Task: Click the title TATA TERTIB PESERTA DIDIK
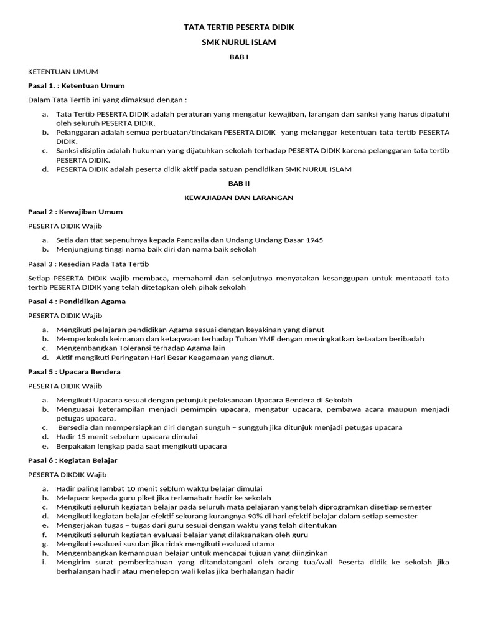pyautogui.click(x=238, y=28)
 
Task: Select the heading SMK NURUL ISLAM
pyautogui.click(x=238, y=42)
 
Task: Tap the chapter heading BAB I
pyautogui.click(x=238, y=57)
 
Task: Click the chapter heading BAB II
pyautogui.click(x=238, y=184)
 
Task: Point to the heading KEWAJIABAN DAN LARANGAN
pyautogui.click(x=238, y=198)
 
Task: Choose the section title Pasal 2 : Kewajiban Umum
pyautogui.click(x=75, y=212)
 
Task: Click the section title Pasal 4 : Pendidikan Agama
pyautogui.click(x=77, y=302)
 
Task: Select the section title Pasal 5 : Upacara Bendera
pyautogui.click(x=74, y=372)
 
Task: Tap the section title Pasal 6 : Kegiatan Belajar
pyautogui.click(x=73, y=460)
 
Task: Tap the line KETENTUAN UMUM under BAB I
pyautogui.click(x=63, y=72)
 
